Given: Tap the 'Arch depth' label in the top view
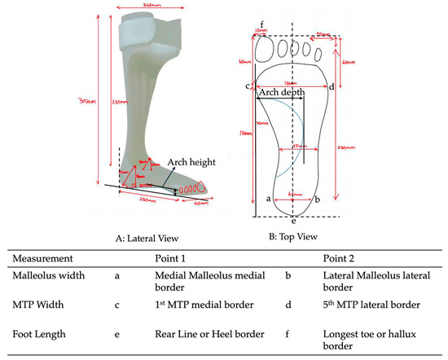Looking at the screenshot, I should (281, 93).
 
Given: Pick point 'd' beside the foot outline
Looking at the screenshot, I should (332, 85).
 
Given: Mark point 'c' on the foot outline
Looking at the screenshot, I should (247, 85).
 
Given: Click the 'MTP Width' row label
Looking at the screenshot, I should (37, 304).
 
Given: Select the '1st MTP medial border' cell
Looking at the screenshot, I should (207, 304).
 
